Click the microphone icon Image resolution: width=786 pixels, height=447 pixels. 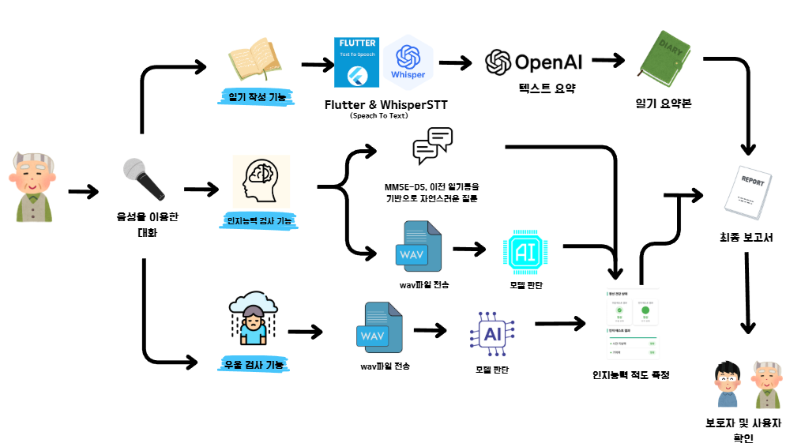pos(143,179)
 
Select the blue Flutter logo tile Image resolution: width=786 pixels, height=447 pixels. pos(356,62)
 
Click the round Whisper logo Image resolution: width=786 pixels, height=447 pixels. pos(408,62)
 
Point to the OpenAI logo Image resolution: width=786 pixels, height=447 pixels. pos(535,62)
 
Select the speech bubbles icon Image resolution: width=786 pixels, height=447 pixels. pos(432,147)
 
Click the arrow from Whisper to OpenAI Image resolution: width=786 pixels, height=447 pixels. pos(456,62)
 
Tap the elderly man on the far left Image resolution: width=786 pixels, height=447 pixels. pos(33,186)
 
